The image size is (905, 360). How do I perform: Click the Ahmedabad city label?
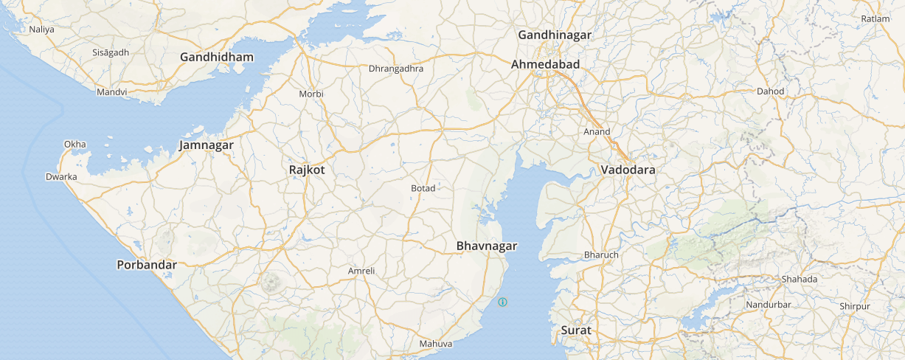[545, 64]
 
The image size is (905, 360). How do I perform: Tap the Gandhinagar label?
[555, 35]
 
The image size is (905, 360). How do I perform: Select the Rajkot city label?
[307, 170]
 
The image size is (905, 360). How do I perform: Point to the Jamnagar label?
[206, 145]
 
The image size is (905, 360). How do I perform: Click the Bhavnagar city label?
[487, 246]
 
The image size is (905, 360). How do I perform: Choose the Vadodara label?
[628, 170]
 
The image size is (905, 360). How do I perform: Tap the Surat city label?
[576, 330]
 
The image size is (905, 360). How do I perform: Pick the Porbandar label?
[147, 265]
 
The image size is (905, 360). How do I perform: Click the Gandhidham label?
[217, 57]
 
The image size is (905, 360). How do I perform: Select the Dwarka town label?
[61, 177]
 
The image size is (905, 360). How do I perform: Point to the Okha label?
[75, 144]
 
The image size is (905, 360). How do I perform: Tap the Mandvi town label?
[112, 92]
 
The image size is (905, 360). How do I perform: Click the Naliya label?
[42, 30]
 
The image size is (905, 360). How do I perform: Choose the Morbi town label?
[311, 94]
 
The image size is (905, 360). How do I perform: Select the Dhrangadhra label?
[396, 69]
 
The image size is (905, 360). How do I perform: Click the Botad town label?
[423, 188]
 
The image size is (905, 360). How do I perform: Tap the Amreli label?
[361, 271]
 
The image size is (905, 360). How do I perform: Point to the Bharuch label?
[601, 255]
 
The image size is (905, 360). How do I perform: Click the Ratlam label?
[875, 18]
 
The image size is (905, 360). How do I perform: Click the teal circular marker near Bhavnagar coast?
[503, 302]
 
